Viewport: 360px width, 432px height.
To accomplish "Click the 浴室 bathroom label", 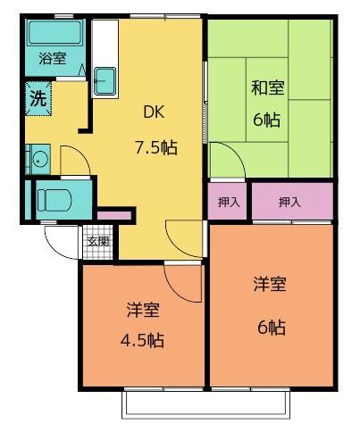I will tap(52, 59).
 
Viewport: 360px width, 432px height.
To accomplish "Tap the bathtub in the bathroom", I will tap(54, 35).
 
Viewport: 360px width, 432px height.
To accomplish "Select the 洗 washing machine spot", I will tap(38, 99).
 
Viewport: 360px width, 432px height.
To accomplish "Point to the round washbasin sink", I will tap(38, 161).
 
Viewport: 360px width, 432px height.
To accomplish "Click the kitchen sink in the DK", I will tap(105, 81).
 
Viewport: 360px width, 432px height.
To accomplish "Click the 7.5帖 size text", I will tap(155, 147).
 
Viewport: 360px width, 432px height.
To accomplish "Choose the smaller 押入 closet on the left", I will tap(229, 203).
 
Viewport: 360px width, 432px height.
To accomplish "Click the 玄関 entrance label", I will tap(98, 241).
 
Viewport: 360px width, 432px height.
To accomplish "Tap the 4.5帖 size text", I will tap(142, 340).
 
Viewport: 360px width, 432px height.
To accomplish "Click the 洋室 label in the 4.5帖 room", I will tap(142, 311).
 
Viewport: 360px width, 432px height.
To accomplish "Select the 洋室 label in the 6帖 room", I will tap(270, 285).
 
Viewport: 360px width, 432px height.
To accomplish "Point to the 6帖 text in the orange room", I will tap(270, 327).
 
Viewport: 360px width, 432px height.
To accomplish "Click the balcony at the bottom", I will tap(206, 404).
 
